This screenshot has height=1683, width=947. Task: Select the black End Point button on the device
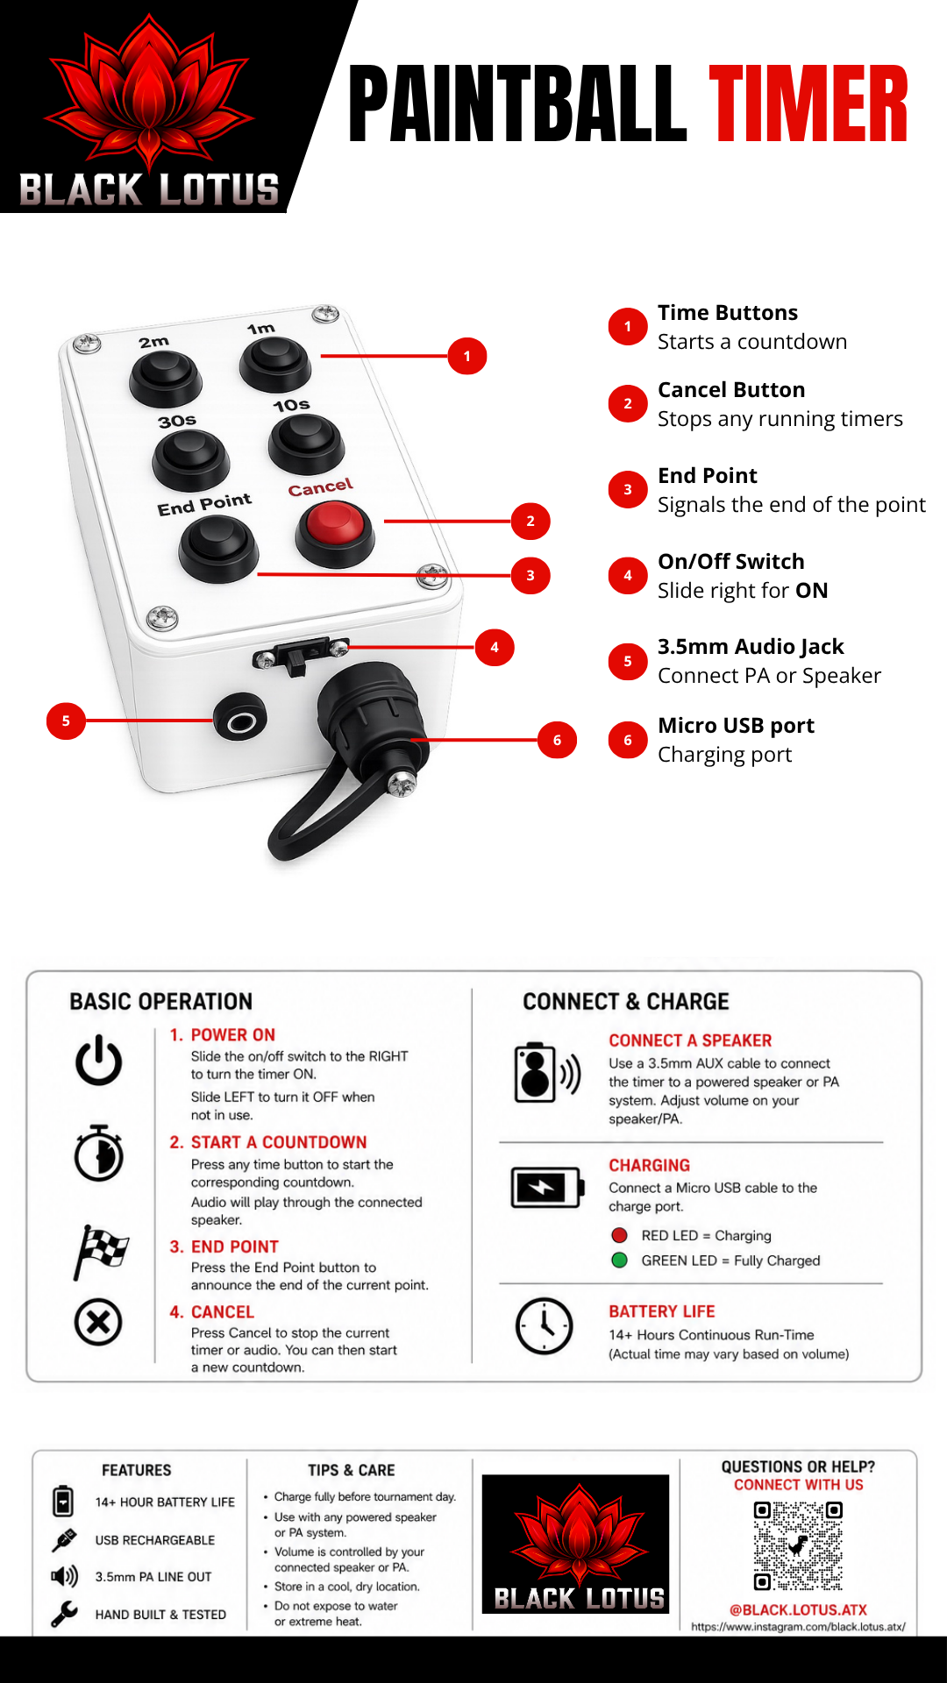[x=218, y=548]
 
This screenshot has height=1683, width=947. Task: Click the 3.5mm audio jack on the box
[x=240, y=721]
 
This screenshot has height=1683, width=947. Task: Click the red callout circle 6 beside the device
[x=557, y=740]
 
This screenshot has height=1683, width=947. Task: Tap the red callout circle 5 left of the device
[x=66, y=721]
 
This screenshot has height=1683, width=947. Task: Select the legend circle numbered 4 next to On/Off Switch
[x=628, y=576]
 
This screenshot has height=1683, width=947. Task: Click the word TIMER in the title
[x=808, y=104]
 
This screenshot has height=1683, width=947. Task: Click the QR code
[x=798, y=1545]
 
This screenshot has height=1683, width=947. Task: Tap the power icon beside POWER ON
[x=98, y=1060]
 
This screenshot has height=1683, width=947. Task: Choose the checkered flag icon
[x=101, y=1252]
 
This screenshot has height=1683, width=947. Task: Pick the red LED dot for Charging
[x=619, y=1235]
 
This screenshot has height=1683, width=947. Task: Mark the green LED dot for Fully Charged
[x=619, y=1260]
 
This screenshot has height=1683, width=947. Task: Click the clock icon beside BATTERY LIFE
[x=544, y=1325]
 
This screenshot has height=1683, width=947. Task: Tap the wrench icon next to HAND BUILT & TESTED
[x=64, y=1613]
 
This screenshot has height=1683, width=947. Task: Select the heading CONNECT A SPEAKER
[x=690, y=1040]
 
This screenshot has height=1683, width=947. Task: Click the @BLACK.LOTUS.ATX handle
[x=798, y=1610]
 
